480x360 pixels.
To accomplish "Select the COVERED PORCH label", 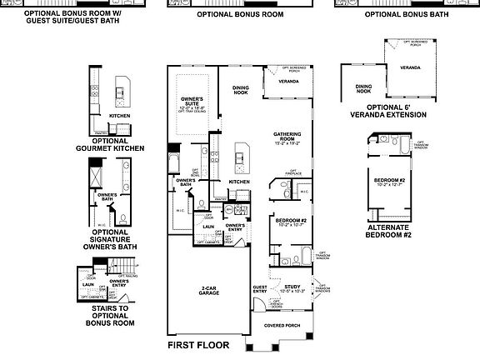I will [281, 326].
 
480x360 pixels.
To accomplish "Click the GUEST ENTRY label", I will [259, 289].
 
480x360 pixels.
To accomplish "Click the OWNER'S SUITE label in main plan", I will [192, 102].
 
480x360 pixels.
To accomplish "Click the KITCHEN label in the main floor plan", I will [240, 182].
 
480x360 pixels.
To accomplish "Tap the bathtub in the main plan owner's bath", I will [174, 159].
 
